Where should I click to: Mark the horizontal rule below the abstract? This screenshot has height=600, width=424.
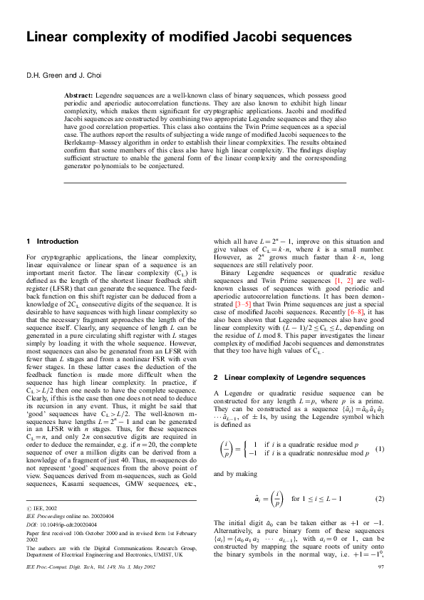tap(205, 184)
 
